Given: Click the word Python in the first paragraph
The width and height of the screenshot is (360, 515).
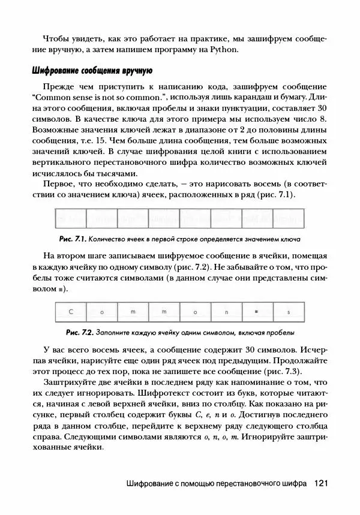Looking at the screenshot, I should (x=225, y=49).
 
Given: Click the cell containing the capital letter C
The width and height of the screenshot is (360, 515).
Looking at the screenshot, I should (x=70, y=312).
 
